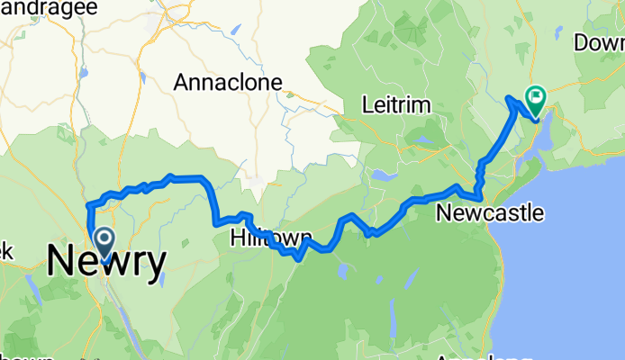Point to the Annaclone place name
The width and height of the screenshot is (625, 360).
228,83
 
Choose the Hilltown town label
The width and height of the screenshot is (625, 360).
270,238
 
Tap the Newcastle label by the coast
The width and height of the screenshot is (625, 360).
490,213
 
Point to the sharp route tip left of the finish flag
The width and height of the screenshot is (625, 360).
510,97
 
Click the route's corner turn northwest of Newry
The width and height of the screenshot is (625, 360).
88,207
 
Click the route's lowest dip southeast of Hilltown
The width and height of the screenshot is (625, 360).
296,256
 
